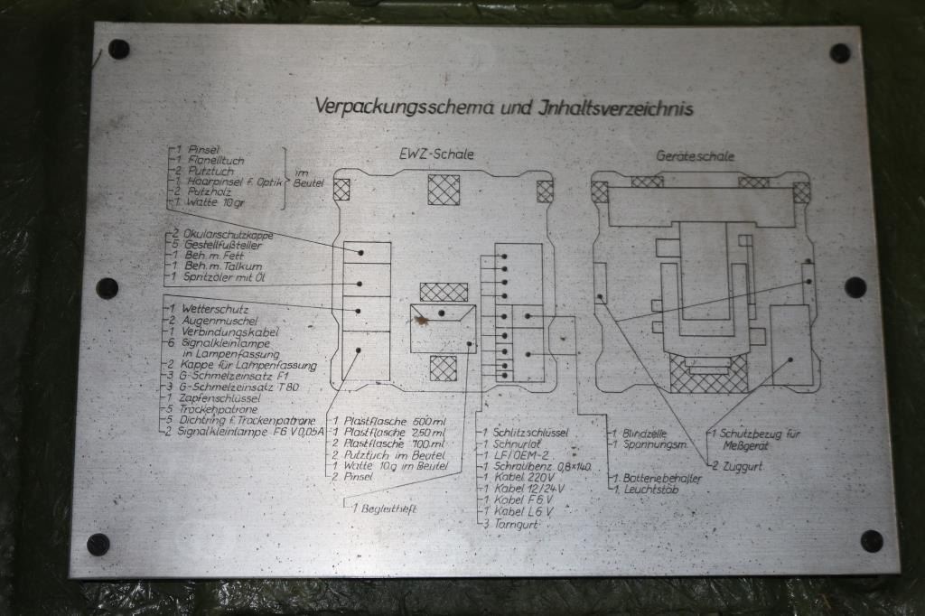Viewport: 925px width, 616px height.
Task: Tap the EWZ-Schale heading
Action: point(437,154)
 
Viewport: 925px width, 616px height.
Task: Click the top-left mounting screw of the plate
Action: point(118,49)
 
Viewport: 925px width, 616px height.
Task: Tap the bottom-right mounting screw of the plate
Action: point(871,540)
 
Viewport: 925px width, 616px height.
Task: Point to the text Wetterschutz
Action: point(201,310)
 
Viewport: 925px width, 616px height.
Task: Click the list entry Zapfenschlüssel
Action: point(214,398)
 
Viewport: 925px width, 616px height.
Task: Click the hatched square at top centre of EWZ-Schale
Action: point(443,190)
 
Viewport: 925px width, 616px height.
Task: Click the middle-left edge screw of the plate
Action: point(107,288)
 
